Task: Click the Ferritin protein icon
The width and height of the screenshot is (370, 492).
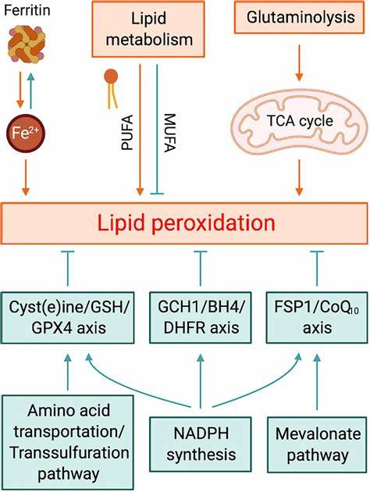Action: pyautogui.click(x=27, y=44)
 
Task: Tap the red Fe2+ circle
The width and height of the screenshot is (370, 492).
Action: pyautogui.click(x=26, y=133)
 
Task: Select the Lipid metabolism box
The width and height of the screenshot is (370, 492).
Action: pyautogui.click(x=148, y=29)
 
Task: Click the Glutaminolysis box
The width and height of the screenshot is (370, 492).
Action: pyautogui.click(x=300, y=17)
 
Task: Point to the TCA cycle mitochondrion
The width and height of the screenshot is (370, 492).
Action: pyautogui.click(x=300, y=122)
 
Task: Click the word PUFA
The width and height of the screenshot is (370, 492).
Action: pyautogui.click(x=127, y=133)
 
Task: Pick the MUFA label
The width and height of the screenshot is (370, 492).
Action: pyautogui.click(x=170, y=133)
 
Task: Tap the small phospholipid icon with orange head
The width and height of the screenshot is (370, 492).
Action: pyautogui.click(x=112, y=89)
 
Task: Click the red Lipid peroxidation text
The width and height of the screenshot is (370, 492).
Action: pyautogui.click(x=186, y=223)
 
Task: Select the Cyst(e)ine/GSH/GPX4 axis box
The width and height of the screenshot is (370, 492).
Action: pyautogui.click(x=68, y=318)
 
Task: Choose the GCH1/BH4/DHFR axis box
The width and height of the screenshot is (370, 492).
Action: pyautogui.click(x=201, y=318)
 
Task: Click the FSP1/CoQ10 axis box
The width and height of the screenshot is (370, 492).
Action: pyautogui.click(x=317, y=318)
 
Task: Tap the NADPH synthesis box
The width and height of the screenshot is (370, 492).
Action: pyautogui.click(x=201, y=444)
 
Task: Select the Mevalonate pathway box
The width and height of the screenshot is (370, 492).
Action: pyautogui.click(x=317, y=444)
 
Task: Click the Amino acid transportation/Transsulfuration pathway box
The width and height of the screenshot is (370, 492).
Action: pyautogui.click(x=68, y=443)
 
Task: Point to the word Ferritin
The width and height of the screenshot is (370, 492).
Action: pyautogui.click(x=27, y=10)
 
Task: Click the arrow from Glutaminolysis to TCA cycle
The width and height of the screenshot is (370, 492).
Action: pyautogui.click(x=299, y=62)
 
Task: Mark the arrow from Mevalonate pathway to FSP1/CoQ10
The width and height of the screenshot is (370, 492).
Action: pyautogui.click(x=318, y=382)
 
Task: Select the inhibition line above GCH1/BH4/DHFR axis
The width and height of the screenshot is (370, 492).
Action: pyautogui.click(x=201, y=269)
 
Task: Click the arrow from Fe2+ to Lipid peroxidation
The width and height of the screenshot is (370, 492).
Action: pyautogui.click(x=26, y=177)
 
